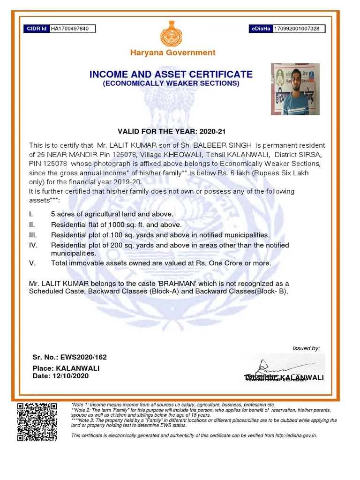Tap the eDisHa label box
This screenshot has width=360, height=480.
pos(261,29)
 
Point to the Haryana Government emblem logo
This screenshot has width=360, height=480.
pos(173,33)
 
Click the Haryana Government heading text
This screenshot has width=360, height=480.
pos(173,52)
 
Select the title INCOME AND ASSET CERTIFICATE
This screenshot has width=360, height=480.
pos(171,74)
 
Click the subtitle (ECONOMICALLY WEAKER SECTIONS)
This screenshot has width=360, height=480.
pos(171,83)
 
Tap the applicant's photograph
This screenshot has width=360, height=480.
pos(295,89)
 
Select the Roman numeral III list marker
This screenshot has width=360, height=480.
pos(33,235)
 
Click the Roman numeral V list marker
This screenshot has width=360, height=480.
pos(32,263)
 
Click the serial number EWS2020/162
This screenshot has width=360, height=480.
pos(83,357)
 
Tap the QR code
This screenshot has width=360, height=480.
pos(37,421)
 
